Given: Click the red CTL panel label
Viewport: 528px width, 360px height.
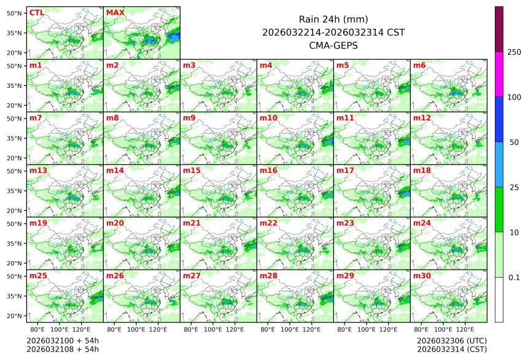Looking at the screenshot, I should click(x=36, y=12).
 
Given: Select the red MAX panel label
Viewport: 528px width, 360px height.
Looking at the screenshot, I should click(x=115, y=12).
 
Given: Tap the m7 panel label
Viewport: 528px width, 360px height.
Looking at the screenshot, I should click(x=36, y=118).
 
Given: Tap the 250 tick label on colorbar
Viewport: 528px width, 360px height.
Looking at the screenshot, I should click(x=514, y=52).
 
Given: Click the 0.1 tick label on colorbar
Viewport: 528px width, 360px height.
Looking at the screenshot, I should click(x=514, y=277).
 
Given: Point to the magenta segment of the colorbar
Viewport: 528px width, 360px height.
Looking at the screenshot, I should click(x=499, y=74).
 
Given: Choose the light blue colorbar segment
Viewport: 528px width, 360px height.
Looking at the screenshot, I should click(x=499, y=164).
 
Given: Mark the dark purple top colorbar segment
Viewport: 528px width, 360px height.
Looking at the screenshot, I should click(x=499, y=29).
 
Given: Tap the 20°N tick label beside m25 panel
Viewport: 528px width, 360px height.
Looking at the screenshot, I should click(x=15, y=316).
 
